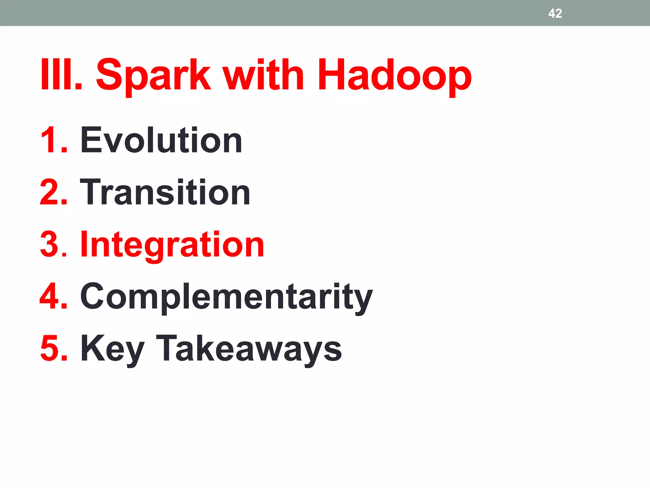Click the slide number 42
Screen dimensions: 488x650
555,13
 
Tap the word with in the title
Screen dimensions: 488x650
263,75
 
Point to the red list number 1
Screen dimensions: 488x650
51,140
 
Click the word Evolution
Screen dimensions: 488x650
161,140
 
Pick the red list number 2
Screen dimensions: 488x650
51,192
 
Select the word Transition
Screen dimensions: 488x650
165,192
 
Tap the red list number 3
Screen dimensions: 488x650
51,244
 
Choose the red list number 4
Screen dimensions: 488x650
51,296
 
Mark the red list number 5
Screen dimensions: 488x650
51,349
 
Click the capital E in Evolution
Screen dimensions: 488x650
91,140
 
